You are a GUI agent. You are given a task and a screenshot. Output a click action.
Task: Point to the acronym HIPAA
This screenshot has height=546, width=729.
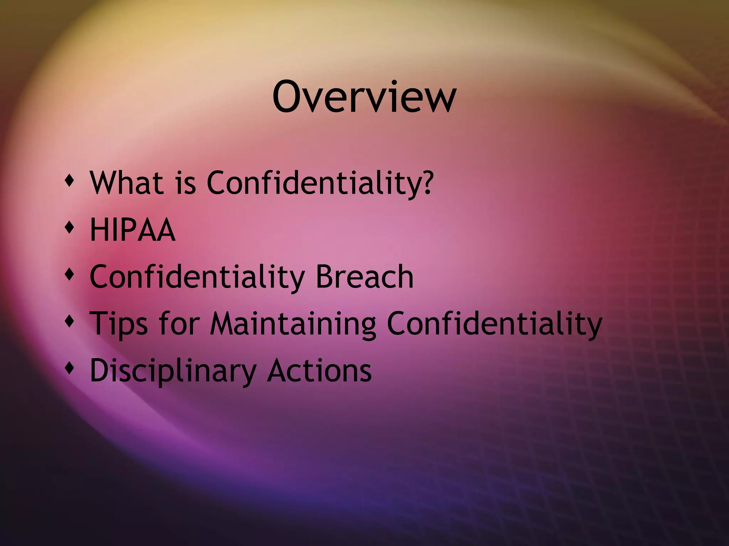132,230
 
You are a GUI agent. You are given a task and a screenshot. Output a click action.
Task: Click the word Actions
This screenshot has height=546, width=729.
319,370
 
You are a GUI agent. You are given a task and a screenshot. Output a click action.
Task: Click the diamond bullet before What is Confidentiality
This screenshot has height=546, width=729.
70,180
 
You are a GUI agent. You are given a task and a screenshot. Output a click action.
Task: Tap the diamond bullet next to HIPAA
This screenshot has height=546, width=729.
70,227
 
